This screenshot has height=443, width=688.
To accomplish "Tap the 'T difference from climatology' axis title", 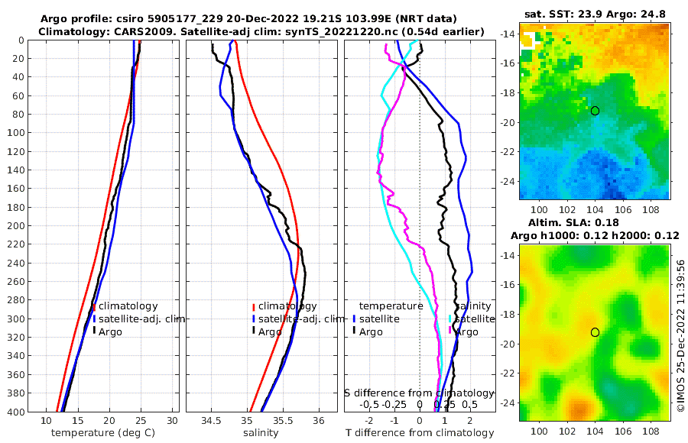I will click(419, 433).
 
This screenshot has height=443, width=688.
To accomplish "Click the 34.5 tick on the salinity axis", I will click(211, 421).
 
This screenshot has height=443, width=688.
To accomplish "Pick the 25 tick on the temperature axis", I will click(140, 421).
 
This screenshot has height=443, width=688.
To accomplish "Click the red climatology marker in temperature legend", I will click(93, 306).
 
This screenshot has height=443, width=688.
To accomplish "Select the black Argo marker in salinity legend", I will click(252, 331).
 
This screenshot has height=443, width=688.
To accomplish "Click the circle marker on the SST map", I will click(595, 111).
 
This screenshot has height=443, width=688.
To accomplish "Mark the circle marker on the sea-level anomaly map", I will click(595, 332).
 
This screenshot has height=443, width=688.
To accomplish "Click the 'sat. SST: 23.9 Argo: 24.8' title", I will click(595, 15).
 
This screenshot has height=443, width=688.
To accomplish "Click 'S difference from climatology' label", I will click(420, 392).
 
